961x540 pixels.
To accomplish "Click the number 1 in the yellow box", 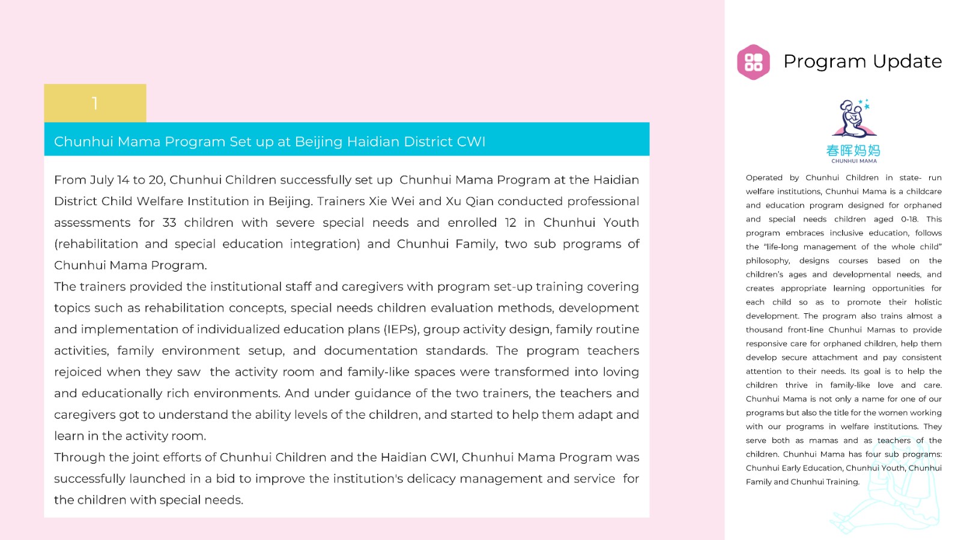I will pos(95,104).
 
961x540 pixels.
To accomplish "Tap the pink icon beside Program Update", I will pos(753,62).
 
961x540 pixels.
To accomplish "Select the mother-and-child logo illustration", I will pos(853,119).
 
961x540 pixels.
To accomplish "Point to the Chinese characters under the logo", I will pos(853,150).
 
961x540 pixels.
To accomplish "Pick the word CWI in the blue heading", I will pos(471,142).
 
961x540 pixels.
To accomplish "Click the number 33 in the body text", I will pos(169,223).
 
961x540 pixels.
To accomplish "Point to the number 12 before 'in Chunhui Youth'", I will pos(511,223).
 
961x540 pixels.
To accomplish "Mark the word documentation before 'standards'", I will pos(371,350).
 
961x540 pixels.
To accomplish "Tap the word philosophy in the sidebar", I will pos(768,260).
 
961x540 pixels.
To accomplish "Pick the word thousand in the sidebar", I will pos(764,329).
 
